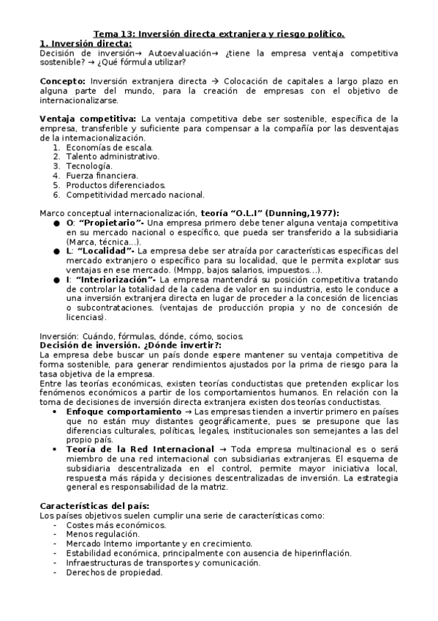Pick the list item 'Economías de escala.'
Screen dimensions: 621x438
pyautogui.click(x=109, y=147)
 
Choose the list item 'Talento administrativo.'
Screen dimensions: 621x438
pyautogui.click(x=112, y=157)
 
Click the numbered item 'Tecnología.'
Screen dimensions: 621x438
pyautogui.click(x=88, y=166)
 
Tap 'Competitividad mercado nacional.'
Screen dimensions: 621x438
pyautogui.click(x=135, y=195)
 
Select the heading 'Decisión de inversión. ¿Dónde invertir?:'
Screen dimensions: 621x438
pyautogui.click(x=129, y=346)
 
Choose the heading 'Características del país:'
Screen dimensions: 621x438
pyautogui.click(x=94, y=506)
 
